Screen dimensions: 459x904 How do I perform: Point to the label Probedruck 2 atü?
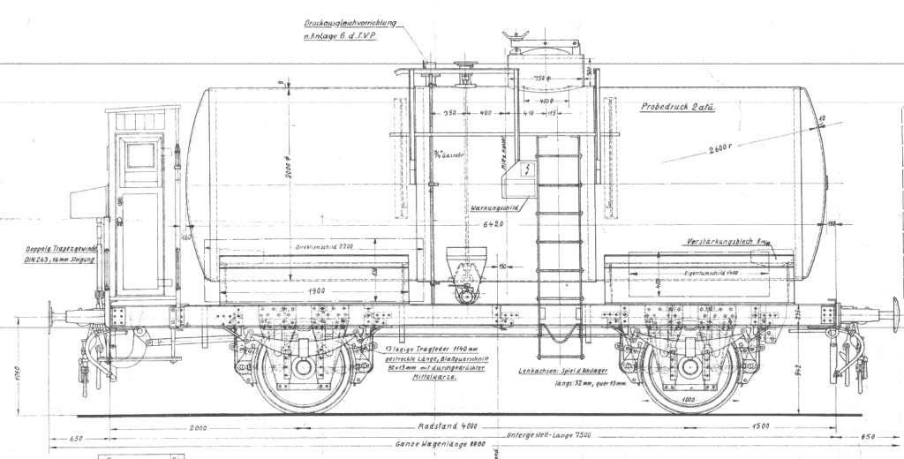677,107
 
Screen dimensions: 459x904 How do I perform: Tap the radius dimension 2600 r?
723,147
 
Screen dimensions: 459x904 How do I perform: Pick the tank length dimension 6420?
493,225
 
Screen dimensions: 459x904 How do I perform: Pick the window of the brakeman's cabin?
139,155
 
